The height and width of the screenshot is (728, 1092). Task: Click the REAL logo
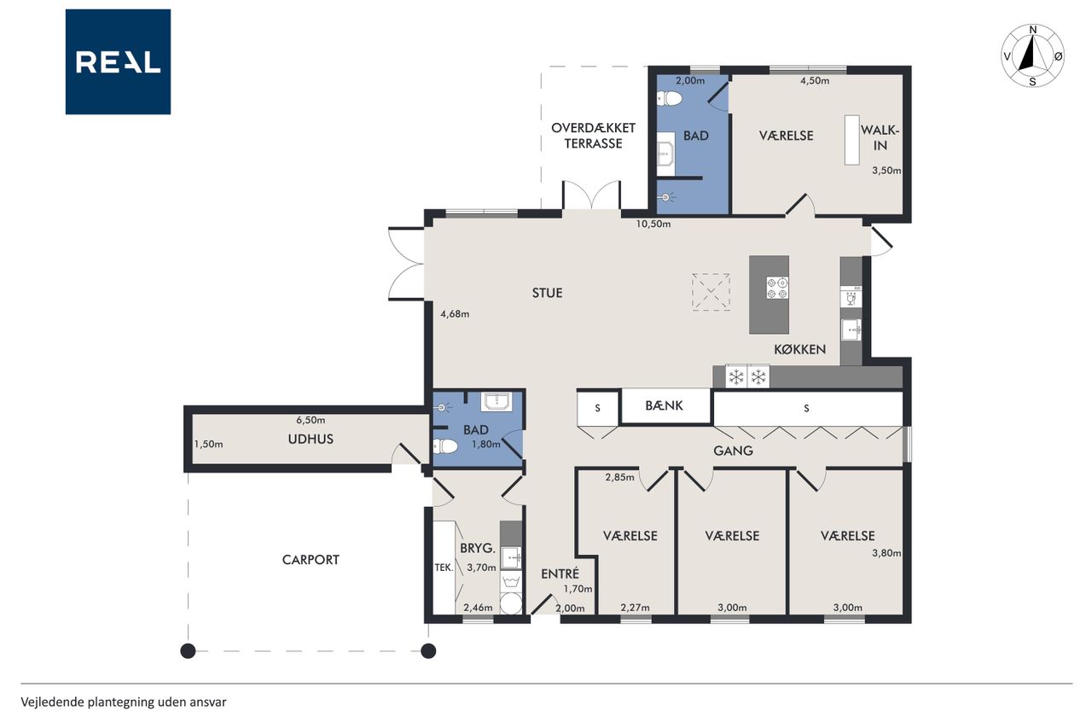[118, 62]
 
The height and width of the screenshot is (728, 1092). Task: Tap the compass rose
[1032, 55]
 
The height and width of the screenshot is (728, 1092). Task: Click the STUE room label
[547, 293]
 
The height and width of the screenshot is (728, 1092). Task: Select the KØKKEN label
[800, 349]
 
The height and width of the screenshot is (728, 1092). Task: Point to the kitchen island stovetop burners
[777, 288]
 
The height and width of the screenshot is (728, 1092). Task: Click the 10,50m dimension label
[653, 224]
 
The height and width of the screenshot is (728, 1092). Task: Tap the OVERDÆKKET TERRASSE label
[593, 136]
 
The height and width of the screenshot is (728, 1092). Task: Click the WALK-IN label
[880, 137]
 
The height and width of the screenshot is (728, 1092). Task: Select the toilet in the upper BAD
[670, 99]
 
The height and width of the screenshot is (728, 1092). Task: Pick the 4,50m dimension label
[815, 81]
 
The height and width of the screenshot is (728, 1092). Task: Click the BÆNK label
[664, 405]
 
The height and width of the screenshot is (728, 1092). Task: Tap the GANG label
[733, 451]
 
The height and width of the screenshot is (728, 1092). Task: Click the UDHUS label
[311, 440]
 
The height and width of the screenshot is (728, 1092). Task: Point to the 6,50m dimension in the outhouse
[311, 420]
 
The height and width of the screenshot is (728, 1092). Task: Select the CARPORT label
[311, 560]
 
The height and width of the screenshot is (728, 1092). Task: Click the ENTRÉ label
[561, 574]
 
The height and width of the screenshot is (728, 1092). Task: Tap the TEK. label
[444, 568]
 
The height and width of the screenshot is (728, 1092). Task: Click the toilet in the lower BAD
[445, 446]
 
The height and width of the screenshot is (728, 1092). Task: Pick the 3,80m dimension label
[886, 553]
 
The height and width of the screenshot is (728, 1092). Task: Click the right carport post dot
[428, 651]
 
